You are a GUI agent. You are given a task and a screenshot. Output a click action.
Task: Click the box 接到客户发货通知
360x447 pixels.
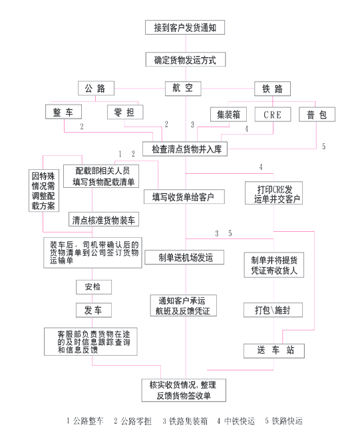point(185,27)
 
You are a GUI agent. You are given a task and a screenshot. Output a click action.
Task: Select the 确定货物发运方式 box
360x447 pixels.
point(186,59)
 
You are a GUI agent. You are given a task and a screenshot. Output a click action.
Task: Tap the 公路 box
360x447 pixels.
point(96,88)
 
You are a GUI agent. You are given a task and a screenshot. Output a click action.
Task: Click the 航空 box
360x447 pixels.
point(183,89)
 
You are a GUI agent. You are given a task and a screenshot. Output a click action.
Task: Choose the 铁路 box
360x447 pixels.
point(272,89)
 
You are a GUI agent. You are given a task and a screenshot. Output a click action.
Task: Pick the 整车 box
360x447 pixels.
point(63,112)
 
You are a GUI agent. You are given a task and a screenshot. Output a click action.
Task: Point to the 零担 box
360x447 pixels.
point(125,112)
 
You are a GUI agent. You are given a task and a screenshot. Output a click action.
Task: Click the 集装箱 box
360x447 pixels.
point(228,115)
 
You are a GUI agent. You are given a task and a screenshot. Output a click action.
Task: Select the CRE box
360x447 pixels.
point(273,115)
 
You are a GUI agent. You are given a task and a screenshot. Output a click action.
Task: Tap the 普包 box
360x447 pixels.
point(317,115)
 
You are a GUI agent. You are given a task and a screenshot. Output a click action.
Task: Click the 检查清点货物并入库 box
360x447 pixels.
point(185,149)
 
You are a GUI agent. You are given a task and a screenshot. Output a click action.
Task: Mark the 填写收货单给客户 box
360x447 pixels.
point(184,197)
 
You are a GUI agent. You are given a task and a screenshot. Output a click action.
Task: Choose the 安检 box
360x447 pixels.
point(94,287)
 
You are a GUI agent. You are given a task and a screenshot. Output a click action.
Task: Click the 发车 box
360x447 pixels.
point(94,310)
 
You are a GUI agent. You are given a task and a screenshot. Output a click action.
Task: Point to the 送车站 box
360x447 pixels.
point(274,350)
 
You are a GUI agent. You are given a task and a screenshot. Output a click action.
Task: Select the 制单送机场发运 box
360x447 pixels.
point(184,257)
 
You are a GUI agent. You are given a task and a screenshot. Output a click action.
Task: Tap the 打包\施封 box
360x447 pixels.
point(273,310)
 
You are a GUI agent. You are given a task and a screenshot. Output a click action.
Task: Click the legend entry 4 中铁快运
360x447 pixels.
point(236,421)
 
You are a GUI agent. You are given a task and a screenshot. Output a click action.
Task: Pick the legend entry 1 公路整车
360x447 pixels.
point(85,421)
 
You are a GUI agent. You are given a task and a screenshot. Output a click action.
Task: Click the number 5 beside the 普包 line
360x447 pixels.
point(323,147)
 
